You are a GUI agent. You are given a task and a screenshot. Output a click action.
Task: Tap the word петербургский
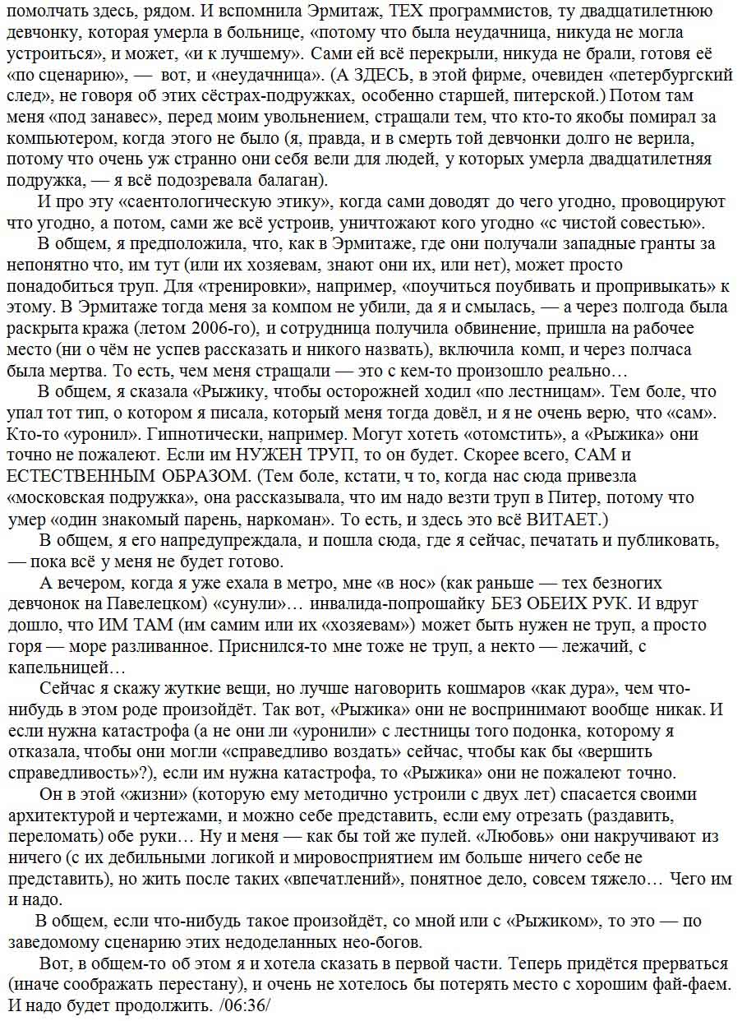(672, 75)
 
